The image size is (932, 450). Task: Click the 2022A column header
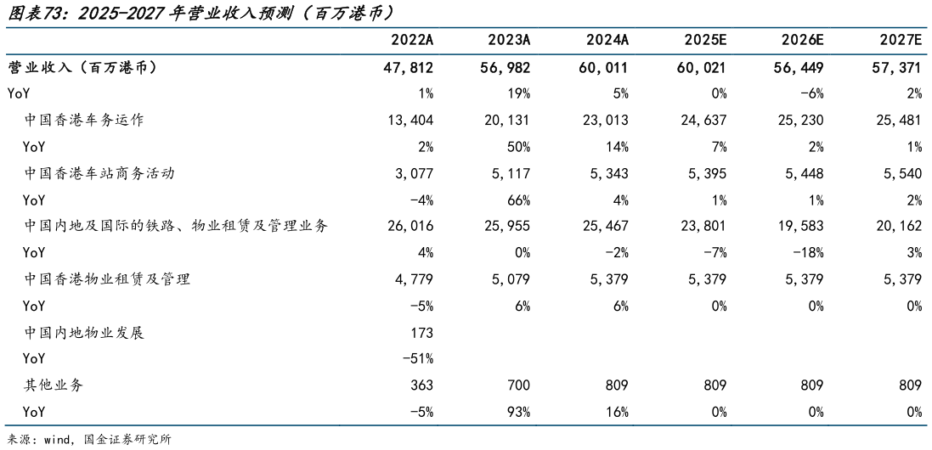pyautogui.click(x=412, y=41)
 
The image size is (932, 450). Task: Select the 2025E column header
pyautogui.click(x=705, y=41)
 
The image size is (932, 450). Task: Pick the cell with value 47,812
pyautogui.click(x=410, y=67)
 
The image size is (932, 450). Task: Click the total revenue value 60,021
pyautogui.click(x=703, y=67)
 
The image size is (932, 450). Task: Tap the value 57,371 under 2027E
pyautogui.click(x=897, y=67)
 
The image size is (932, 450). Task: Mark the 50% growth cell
pyautogui.click(x=519, y=147)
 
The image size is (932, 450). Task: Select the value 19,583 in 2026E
pyautogui.click(x=800, y=226)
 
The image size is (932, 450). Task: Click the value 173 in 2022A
pyautogui.click(x=421, y=333)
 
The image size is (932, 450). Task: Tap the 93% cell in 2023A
pyautogui.click(x=519, y=413)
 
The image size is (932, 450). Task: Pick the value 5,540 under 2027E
pyautogui.click(x=901, y=173)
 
